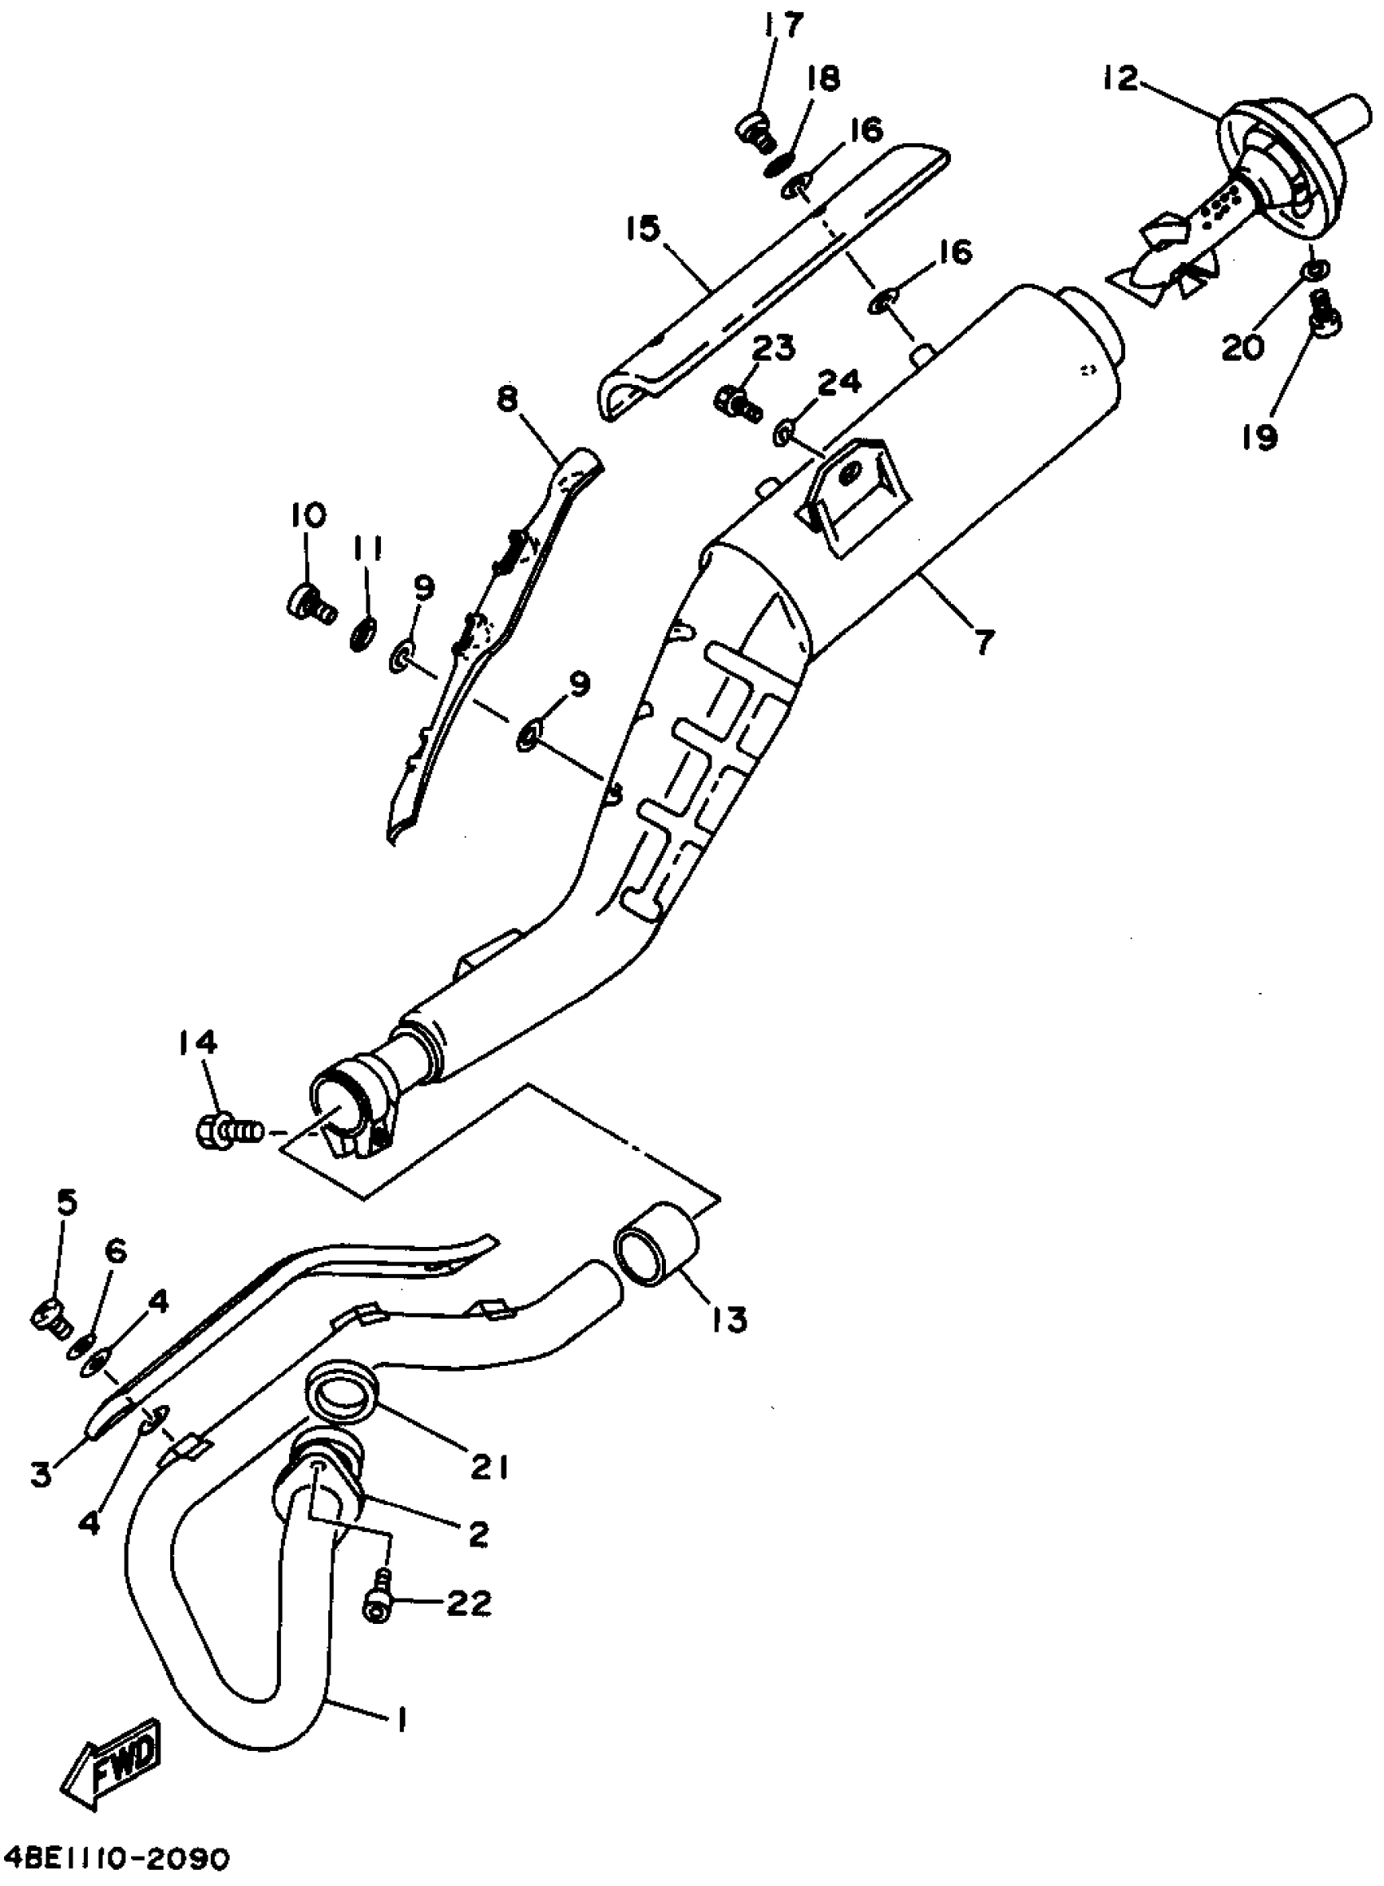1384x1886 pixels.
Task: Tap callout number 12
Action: [1121, 80]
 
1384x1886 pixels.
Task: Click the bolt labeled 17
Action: [756, 132]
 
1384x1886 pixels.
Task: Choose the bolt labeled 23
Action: [736, 402]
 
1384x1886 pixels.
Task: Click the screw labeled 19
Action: [1324, 318]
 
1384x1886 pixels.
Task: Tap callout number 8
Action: [507, 400]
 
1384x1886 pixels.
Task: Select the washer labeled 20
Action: [1314, 270]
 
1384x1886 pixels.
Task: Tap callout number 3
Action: [39, 1473]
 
